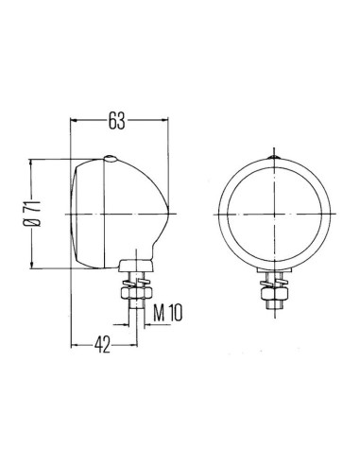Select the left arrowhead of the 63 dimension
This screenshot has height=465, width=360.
[x=77, y=121]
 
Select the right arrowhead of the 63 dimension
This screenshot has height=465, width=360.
[x=169, y=121]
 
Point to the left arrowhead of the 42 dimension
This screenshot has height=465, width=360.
[x=77, y=346]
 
